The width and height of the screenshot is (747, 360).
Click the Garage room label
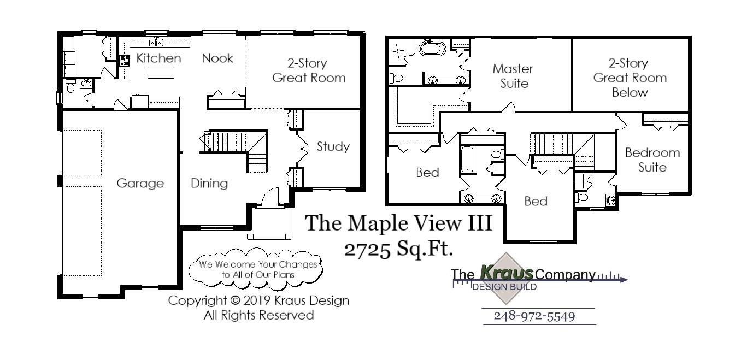[140, 184]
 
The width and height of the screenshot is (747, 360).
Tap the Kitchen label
[158, 58]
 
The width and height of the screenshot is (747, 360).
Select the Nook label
[217, 58]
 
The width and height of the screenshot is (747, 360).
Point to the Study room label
[333, 146]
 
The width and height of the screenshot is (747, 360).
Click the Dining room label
[209, 184]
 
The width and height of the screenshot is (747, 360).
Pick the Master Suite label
[513, 76]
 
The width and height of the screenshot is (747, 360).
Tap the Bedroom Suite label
[652, 160]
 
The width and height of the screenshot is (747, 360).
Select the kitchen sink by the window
[156, 42]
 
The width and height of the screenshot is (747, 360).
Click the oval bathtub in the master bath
[433, 48]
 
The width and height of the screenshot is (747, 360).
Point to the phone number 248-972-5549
[534, 316]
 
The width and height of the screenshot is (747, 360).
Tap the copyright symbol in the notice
[235, 300]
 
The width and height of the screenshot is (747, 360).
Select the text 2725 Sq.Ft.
[399, 249]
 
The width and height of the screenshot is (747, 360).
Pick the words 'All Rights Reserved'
[258, 315]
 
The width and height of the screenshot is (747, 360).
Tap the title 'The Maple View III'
[398, 223]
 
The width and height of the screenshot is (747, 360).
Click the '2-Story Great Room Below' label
[630, 78]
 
